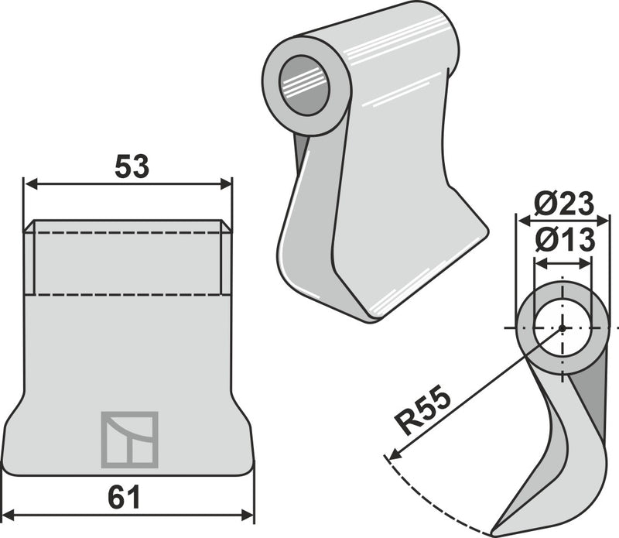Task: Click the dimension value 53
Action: pyautogui.click(x=132, y=166)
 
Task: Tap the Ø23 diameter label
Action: pyautogui.click(x=564, y=204)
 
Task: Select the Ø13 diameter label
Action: pyautogui.click(x=565, y=240)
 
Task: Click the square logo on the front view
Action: pyautogui.click(x=129, y=440)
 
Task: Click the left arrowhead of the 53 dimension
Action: pyautogui.click(x=31, y=183)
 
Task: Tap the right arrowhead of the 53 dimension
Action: pyautogui.click(x=226, y=183)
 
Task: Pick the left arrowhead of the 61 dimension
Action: pyautogui.click(x=9, y=515)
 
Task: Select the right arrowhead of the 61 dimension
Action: pyautogui.click(x=247, y=515)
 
